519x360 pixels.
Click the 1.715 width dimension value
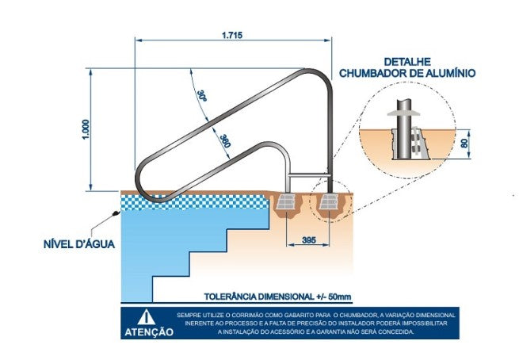coord(232,35)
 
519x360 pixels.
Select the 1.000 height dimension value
coord(86,129)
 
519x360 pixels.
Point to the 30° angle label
coord(201,95)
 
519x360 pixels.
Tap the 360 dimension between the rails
coord(225,141)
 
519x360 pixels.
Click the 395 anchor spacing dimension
coord(309,239)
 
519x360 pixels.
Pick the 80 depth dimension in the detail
coord(464,144)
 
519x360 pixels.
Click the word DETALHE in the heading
coord(407,62)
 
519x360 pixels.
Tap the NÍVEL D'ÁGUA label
coord(79,244)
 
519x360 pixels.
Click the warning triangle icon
coord(147,317)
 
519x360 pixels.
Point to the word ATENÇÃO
coord(149,331)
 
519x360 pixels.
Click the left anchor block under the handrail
coord(286,201)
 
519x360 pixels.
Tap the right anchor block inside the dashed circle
coord(329,201)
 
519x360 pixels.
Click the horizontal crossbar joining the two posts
coord(309,174)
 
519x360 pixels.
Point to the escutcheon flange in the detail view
coord(403,113)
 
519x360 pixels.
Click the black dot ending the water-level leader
coord(116,213)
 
